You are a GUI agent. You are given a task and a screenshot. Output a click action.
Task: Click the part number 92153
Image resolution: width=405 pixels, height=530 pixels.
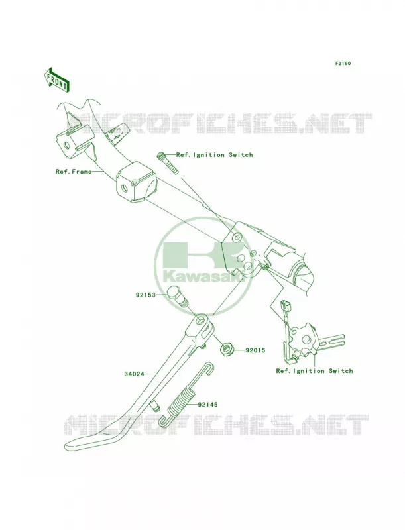pyautogui.click(x=146, y=295)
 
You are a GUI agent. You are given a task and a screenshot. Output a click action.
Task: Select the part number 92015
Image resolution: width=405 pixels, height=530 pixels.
pyautogui.click(x=255, y=350)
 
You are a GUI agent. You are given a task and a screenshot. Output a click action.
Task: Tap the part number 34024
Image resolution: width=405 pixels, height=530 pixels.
pyautogui.click(x=134, y=374)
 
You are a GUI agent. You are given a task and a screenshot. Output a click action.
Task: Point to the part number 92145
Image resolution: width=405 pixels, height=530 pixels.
pyautogui.click(x=208, y=404)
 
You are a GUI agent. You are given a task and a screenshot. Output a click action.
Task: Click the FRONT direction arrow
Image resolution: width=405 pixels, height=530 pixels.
pyautogui.click(x=56, y=79)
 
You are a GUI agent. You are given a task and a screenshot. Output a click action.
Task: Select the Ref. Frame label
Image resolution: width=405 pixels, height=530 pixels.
pyautogui.click(x=74, y=172)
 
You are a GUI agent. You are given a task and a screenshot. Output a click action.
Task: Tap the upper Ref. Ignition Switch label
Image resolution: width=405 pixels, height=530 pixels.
pyautogui.click(x=214, y=155)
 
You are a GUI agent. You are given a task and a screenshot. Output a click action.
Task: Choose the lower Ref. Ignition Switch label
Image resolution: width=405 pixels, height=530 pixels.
pyautogui.click(x=314, y=371)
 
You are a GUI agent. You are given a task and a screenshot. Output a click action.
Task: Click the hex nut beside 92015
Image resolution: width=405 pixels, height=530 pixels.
pyautogui.click(x=225, y=350)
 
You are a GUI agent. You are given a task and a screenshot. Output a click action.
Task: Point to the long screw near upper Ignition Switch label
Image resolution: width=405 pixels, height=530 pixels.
pyautogui.click(x=167, y=163)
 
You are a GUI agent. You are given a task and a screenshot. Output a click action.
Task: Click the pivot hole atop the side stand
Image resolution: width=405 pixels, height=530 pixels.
pyautogui.click(x=202, y=319)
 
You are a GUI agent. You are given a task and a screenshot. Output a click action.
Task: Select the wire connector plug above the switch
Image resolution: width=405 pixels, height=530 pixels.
pyautogui.click(x=284, y=307)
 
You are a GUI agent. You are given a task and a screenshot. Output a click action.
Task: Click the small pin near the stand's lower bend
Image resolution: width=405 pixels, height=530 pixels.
pyautogui.click(x=156, y=404)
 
